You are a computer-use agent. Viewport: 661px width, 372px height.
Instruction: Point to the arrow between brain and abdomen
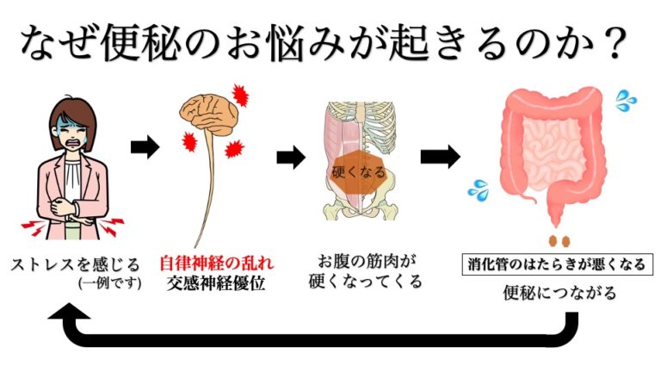[x=292, y=158]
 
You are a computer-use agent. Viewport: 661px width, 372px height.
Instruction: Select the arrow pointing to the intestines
[x=439, y=157]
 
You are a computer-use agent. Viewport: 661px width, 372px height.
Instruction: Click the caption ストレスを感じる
[x=76, y=263]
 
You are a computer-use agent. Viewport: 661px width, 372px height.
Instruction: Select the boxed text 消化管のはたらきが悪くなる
[x=557, y=263]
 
